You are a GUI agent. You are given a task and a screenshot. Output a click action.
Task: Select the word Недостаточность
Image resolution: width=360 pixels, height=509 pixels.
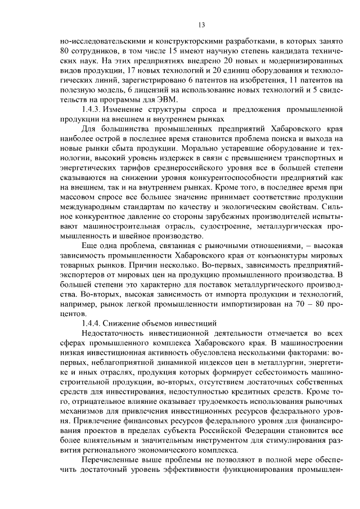115,333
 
